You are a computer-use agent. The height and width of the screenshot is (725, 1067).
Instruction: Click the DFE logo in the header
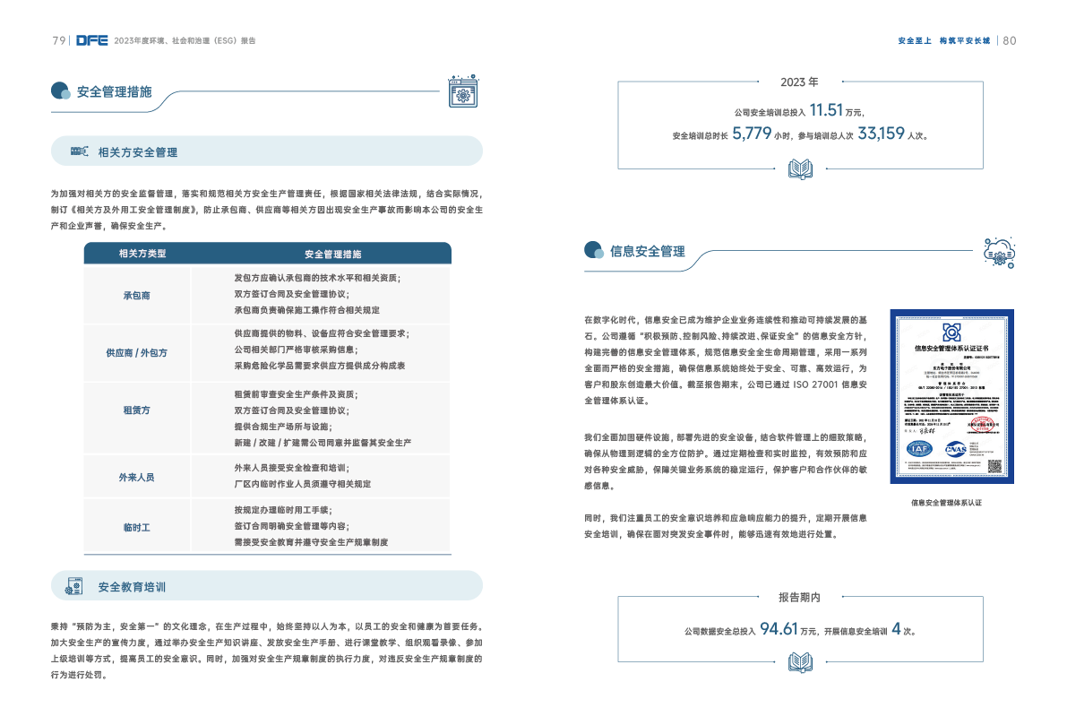pos(92,40)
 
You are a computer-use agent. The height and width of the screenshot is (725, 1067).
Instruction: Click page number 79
pos(58,40)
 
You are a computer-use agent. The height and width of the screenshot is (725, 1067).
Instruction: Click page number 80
pos(1009,40)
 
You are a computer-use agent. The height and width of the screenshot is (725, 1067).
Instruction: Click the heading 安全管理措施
pos(114,91)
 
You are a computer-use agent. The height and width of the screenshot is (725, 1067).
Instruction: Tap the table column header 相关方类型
pos(142,254)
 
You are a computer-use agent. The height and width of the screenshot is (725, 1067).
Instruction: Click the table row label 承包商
pos(136,295)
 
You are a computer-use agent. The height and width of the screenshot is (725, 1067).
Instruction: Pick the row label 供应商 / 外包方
pos(136,352)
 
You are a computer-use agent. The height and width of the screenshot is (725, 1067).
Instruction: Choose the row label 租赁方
pos(136,410)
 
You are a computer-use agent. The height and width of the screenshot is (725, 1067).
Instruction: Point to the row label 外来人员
pos(136,478)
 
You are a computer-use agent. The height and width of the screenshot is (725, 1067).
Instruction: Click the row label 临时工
pos(136,528)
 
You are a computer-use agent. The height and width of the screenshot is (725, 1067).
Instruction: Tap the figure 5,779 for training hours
pos(752,134)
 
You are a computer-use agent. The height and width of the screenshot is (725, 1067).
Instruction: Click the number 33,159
pos(881,134)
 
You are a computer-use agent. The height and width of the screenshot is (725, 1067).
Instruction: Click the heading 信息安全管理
pos(647,251)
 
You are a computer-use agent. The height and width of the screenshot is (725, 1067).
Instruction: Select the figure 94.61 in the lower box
pos(779,629)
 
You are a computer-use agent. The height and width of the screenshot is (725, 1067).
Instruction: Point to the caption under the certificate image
pos(946,503)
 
